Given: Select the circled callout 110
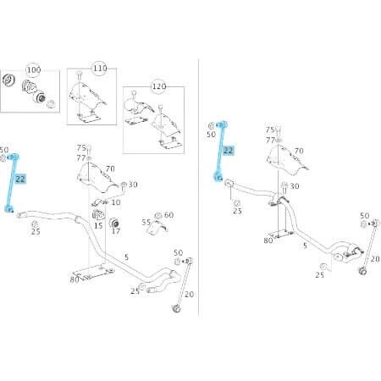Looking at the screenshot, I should [x=100, y=67].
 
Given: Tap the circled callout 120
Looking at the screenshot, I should [x=157, y=87].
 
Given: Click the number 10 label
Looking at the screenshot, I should [x=116, y=202].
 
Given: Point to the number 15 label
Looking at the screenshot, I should [x=98, y=224].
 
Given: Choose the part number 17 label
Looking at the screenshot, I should [x=117, y=231].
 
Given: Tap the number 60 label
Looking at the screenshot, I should [x=168, y=215].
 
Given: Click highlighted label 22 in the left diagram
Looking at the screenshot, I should [x=20, y=179].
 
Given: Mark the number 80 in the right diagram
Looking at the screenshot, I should [x=268, y=240].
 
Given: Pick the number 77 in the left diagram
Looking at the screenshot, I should [x=82, y=157].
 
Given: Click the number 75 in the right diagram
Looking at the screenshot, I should [x=270, y=130].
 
